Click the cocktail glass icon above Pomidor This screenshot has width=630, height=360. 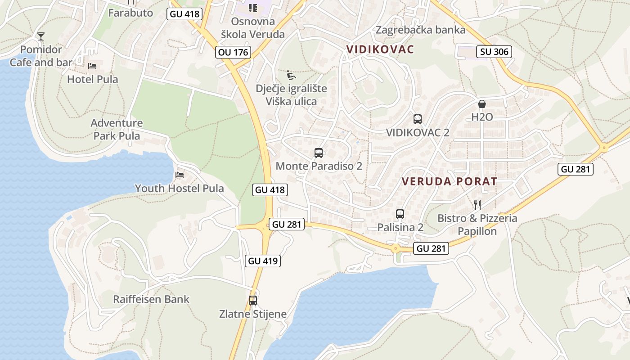pyautogui.click(x=41, y=36)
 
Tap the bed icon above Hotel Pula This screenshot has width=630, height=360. pyautogui.click(x=92, y=66)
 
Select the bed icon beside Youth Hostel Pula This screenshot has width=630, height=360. pyautogui.click(x=180, y=175)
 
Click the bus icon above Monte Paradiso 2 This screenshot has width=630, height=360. pyautogui.click(x=319, y=153)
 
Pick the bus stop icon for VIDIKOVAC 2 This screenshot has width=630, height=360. pyautogui.click(x=418, y=119)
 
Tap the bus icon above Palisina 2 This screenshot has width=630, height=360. pyautogui.click(x=400, y=214)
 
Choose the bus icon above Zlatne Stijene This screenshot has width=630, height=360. pyautogui.click(x=253, y=301)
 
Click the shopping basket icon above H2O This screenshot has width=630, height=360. pyautogui.click(x=482, y=104)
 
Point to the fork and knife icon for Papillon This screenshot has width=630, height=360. pyautogui.click(x=477, y=205)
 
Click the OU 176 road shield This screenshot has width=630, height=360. pyautogui.click(x=233, y=52)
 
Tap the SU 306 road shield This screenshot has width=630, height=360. pyautogui.click(x=494, y=52)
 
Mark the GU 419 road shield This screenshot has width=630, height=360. pyautogui.click(x=263, y=261)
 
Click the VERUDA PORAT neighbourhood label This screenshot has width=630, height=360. pyautogui.click(x=449, y=181)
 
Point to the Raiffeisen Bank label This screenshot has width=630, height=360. pyautogui.click(x=151, y=299)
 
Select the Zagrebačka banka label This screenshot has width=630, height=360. pyautogui.click(x=420, y=30)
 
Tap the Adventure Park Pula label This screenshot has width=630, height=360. pyautogui.click(x=117, y=129)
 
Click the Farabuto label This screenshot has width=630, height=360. pyautogui.click(x=130, y=13)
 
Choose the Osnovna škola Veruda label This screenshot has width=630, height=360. pyautogui.click(x=252, y=28)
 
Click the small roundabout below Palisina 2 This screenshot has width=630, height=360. pyautogui.click(x=396, y=247)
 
